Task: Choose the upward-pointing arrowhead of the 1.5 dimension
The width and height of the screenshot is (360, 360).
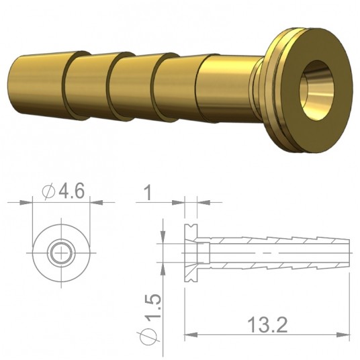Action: [x=164, y=266]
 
